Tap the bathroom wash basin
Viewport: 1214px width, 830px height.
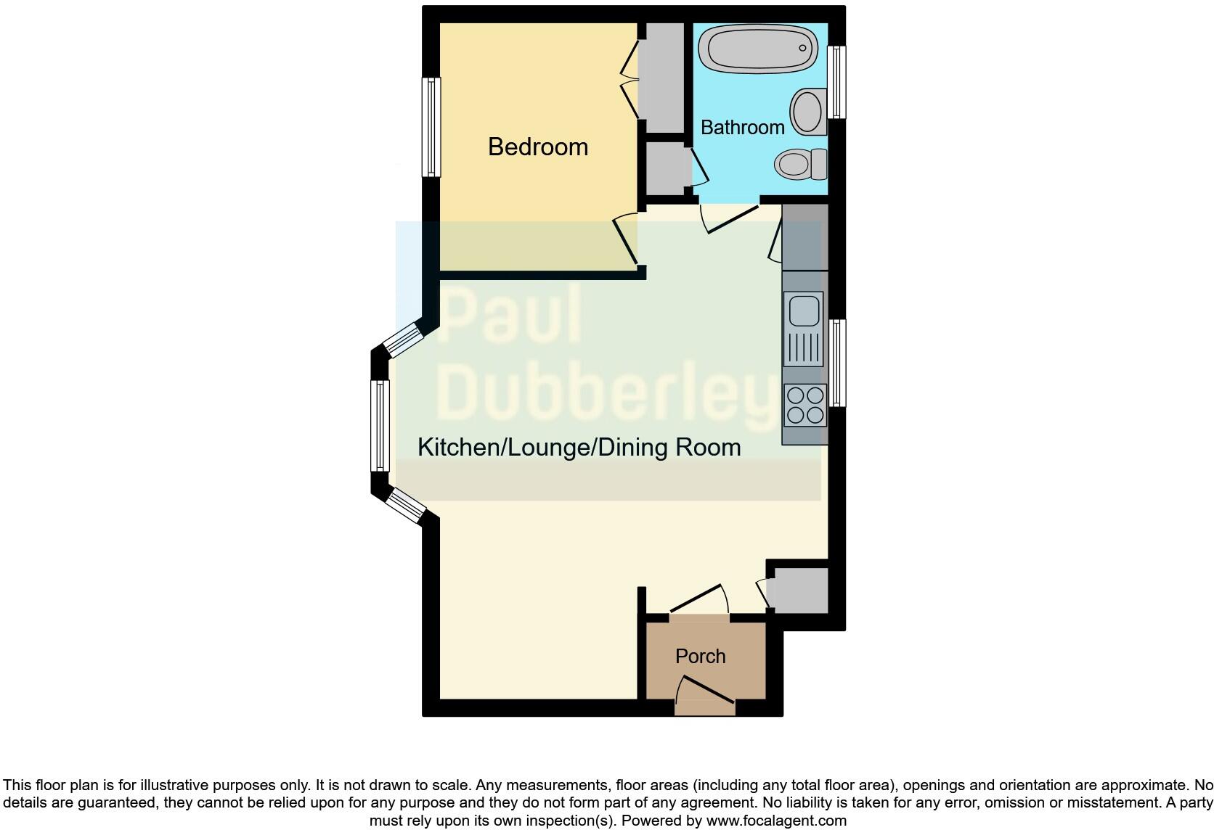[808, 111]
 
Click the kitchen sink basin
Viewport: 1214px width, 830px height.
[804, 310]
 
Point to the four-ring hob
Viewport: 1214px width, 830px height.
[805, 405]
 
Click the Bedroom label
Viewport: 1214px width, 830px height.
[538, 147]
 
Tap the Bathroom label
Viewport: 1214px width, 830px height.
[742, 128]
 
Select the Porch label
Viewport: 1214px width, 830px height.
[700, 657]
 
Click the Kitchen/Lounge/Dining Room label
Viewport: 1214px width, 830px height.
[579, 447]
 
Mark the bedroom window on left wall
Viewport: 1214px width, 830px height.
[432, 127]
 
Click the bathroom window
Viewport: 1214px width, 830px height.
[837, 82]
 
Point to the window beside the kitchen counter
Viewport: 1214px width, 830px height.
[837, 363]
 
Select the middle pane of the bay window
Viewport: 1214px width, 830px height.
[380, 425]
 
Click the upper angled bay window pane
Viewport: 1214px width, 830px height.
[404, 340]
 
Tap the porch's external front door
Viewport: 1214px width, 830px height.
[706, 691]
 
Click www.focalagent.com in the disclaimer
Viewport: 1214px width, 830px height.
[775, 821]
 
